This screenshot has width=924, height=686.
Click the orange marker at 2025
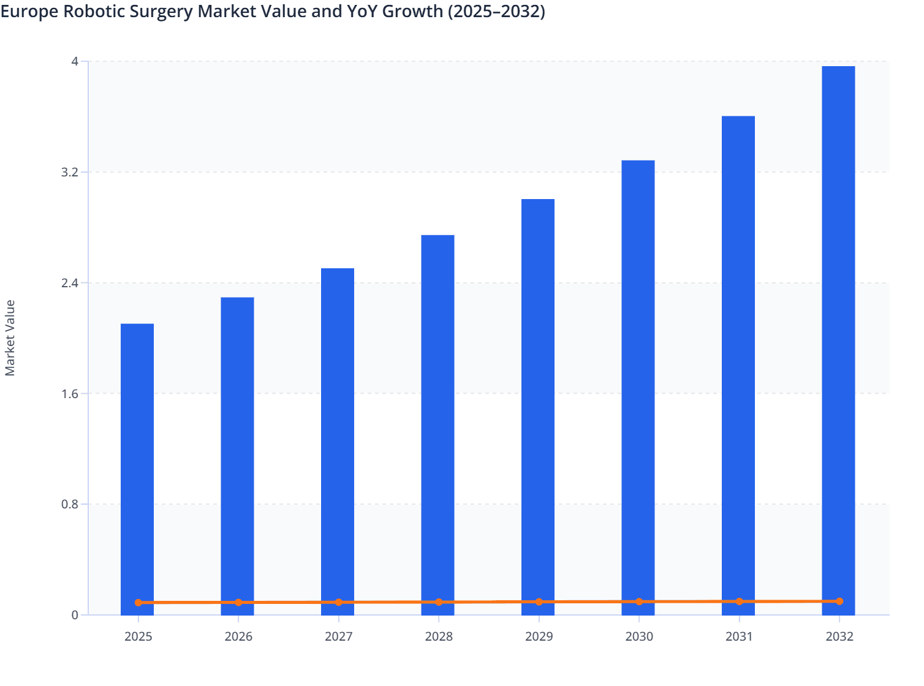(138, 603)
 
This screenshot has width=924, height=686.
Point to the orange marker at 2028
(439, 602)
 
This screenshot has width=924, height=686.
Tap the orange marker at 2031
(739, 601)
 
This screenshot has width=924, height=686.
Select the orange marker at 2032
(839, 601)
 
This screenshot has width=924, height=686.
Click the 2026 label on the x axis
(238, 636)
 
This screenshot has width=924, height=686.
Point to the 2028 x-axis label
(439, 636)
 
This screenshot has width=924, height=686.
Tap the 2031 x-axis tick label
(739, 636)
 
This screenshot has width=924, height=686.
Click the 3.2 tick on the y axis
(70, 172)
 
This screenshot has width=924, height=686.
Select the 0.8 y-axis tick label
(70, 504)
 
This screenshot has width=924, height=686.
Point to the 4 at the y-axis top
(75, 61)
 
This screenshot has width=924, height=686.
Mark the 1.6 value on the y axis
(70, 393)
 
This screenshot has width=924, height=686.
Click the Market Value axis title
(10, 337)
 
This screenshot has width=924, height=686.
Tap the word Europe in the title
(29, 12)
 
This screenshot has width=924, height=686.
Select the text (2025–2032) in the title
(496, 12)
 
